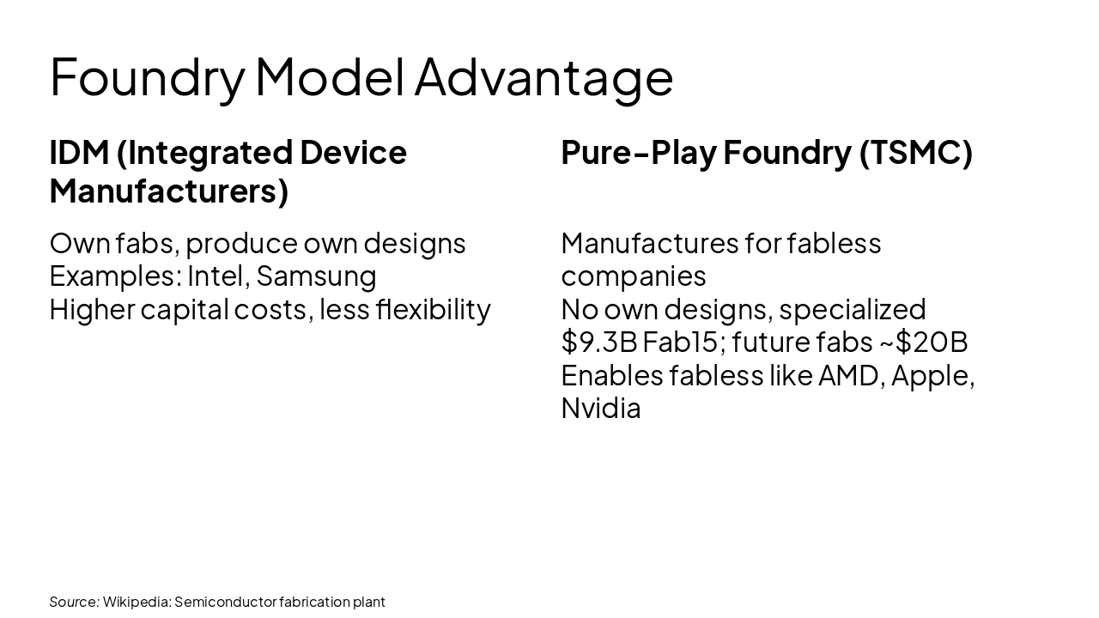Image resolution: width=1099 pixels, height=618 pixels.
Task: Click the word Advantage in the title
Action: pyautogui.click(x=543, y=77)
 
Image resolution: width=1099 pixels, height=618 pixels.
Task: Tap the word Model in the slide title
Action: pyautogui.click(x=330, y=77)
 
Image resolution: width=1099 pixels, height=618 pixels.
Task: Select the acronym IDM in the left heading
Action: pyautogui.click(x=79, y=153)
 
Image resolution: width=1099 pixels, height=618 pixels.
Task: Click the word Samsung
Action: pyautogui.click(x=316, y=276)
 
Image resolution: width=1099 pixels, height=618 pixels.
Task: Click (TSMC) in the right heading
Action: pyautogui.click(x=915, y=153)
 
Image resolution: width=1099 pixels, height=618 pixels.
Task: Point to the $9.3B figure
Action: pyautogui.click(x=598, y=342)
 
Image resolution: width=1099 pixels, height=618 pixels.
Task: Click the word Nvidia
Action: pyautogui.click(x=600, y=409)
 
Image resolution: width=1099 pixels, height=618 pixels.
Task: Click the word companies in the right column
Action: pyautogui.click(x=633, y=276)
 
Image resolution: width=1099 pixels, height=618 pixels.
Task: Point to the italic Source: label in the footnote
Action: pyautogui.click(x=74, y=602)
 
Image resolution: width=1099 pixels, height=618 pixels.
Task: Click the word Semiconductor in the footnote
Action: pyautogui.click(x=225, y=602)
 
